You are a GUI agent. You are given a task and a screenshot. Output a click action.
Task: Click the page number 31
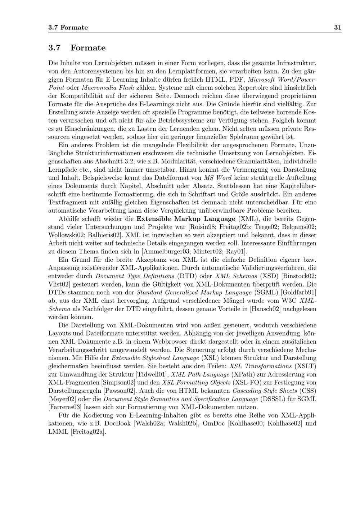tap(337, 27)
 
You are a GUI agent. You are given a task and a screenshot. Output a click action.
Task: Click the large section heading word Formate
tap(88, 48)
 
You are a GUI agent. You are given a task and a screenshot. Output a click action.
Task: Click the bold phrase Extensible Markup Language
tap(186, 219)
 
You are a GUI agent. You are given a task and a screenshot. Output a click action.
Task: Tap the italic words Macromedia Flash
tap(108, 87)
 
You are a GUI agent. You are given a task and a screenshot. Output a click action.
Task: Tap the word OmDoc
tap(214, 423)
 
